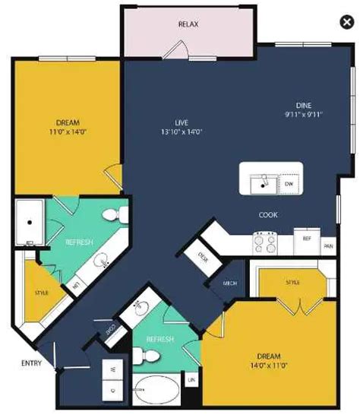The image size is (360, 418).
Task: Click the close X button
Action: [x=346, y=23]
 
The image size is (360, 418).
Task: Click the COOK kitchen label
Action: [x=267, y=215]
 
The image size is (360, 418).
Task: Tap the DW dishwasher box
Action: [x=289, y=183]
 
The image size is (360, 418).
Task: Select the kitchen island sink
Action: [x=264, y=182]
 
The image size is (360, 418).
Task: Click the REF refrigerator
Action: [x=307, y=239]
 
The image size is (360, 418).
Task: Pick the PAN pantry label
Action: [x=328, y=245]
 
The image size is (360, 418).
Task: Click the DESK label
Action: [x=204, y=256]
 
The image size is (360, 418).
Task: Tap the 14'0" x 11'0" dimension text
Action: [x=269, y=366]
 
